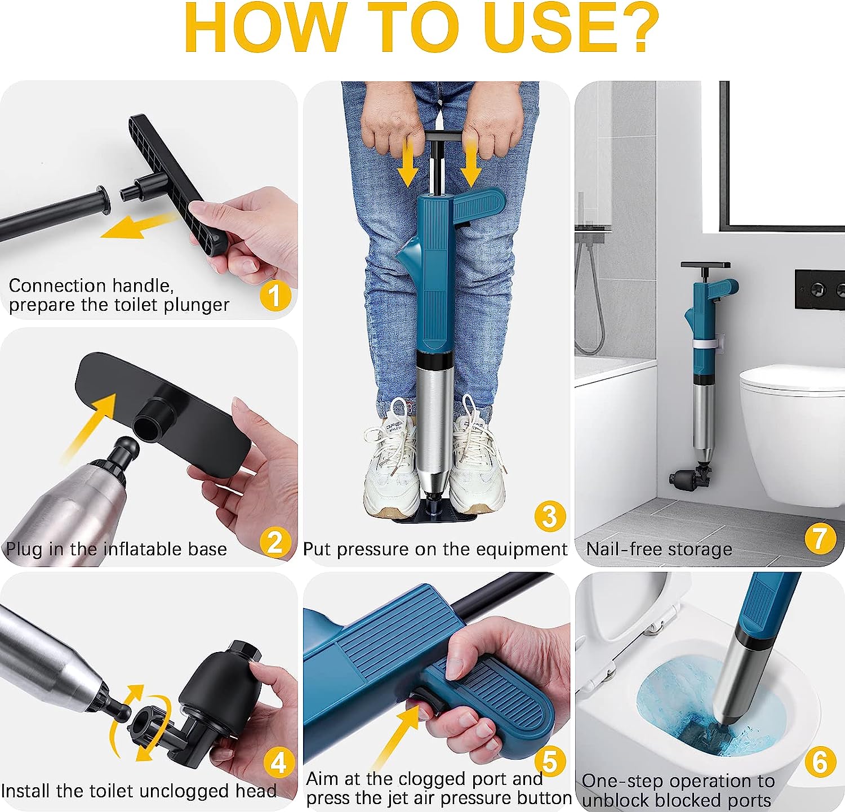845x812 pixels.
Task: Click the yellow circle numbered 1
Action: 275,296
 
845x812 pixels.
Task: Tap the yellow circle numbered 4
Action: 279,764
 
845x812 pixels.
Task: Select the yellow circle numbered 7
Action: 820,538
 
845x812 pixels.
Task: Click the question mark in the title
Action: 633,28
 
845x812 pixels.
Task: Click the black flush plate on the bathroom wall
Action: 820,289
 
